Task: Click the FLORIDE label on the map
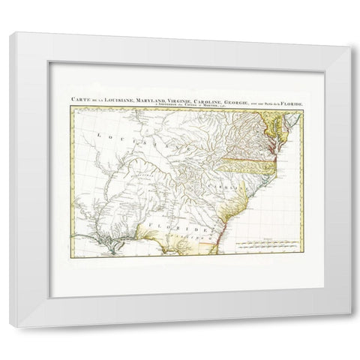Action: [x=170, y=224]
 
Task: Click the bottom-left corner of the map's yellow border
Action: [x=72, y=256]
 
